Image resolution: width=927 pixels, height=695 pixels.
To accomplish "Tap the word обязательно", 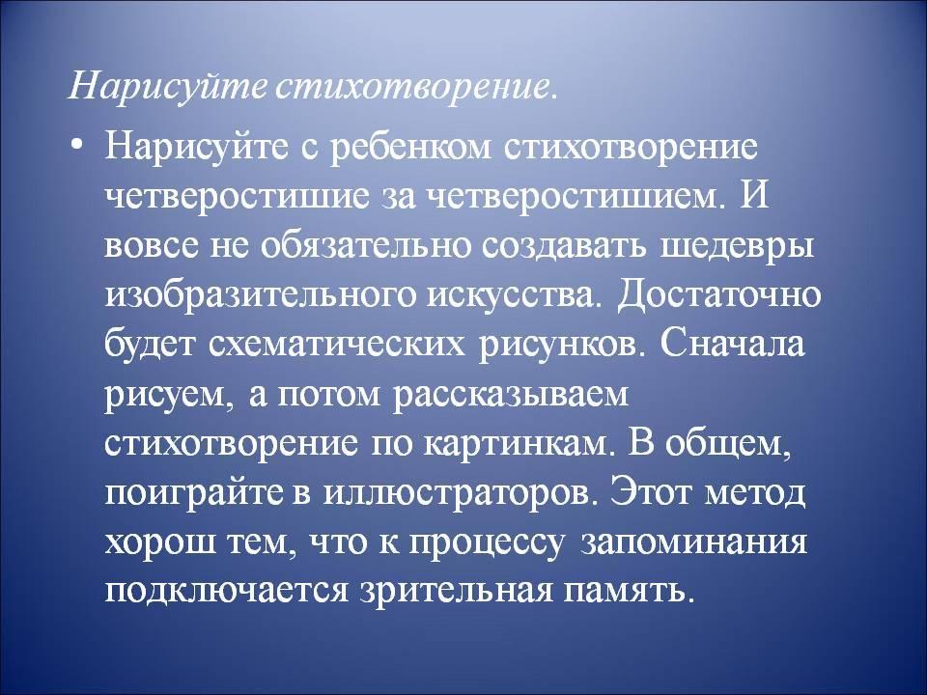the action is point(366,246).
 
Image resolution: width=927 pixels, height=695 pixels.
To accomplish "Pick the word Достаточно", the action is point(717,295).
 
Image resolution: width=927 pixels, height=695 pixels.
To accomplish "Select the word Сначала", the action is point(730,344).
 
